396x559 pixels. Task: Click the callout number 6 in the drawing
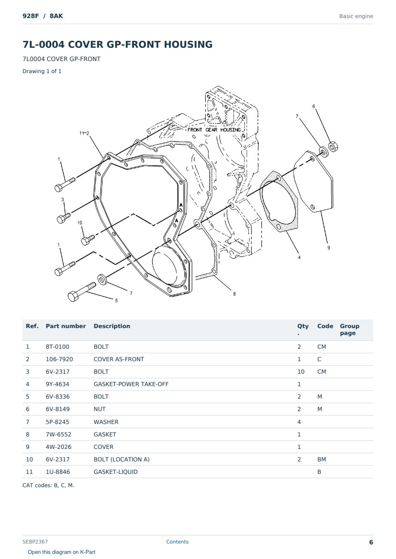click(313, 106)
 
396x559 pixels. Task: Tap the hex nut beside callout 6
click(333, 146)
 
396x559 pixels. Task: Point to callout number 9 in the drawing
click(328, 248)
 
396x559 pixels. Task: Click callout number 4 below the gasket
click(299, 257)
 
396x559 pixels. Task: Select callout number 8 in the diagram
click(234, 294)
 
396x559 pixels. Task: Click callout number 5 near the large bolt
click(116, 301)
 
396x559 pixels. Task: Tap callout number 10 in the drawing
click(80, 223)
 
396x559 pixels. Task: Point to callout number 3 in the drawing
click(62, 200)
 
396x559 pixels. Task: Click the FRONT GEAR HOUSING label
click(214, 130)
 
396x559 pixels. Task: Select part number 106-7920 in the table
click(59, 359)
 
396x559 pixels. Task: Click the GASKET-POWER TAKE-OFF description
click(131, 384)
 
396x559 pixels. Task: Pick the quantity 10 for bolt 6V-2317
click(301, 372)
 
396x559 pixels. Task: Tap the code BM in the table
click(322, 459)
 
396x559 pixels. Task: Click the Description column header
click(112, 326)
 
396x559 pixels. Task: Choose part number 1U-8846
click(58, 472)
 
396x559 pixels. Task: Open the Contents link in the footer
click(177, 541)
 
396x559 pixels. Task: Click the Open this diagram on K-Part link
click(62, 552)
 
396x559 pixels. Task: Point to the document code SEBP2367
click(35, 541)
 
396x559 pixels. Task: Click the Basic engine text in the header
click(356, 16)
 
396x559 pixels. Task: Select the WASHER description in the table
click(106, 422)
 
